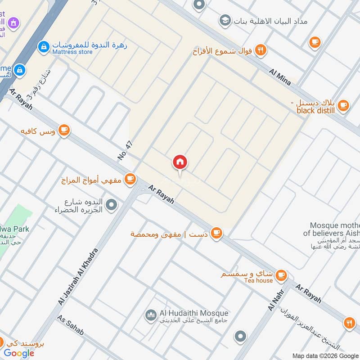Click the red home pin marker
click(x=180, y=163)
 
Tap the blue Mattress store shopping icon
click(x=43, y=46)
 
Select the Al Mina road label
click(x=280, y=77)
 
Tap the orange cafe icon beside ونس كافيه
click(x=64, y=130)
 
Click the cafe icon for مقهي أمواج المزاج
click(x=130, y=179)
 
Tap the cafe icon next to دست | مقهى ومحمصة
click(x=216, y=233)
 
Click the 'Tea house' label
click(x=258, y=281)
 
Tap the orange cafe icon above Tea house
click(x=281, y=274)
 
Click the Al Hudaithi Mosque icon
click(x=151, y=316)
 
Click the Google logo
click(x=19, y=353)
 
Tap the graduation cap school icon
click(x=224, y=20)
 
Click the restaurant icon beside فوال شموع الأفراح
click(x=260, y=50)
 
